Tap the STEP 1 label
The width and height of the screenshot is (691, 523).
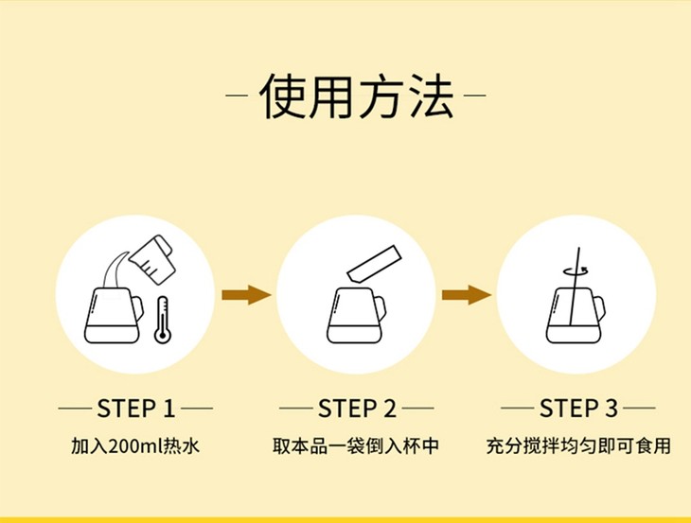(136, 409)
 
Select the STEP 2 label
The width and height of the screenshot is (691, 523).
(357, 409)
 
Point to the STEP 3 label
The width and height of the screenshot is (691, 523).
(578, 409)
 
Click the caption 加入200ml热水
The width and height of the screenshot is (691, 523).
(136, 445)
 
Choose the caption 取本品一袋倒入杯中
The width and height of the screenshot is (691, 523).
(357, 445)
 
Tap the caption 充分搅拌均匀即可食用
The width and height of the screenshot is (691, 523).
(578, 445)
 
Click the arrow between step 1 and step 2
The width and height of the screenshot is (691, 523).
(245, 295)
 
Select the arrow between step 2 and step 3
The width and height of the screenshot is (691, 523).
(467, 295)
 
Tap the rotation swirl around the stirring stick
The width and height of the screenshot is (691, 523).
(576, 269)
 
